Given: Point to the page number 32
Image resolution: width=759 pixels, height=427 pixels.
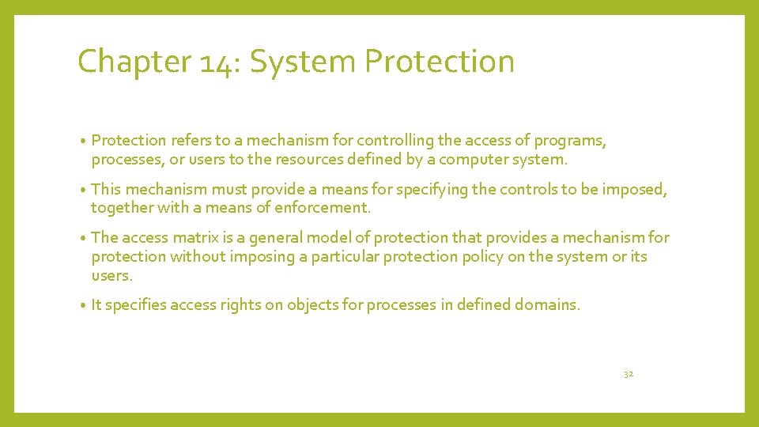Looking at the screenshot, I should click(629, 374).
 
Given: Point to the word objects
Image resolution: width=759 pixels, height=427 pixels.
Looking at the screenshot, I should click(315, 305).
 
